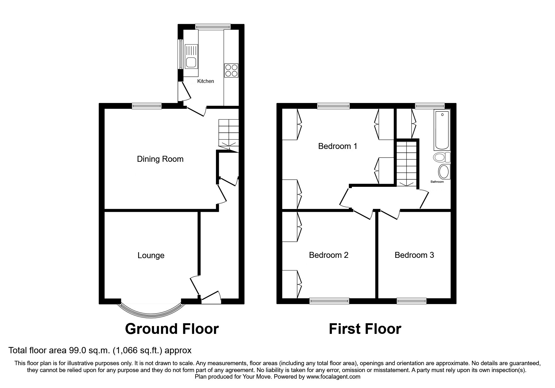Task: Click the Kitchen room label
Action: click(x=205, y=81)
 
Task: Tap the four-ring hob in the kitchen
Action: click(x=231, y=70)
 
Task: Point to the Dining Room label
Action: click(x=160, y=159)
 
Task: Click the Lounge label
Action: click(x=151, y=255)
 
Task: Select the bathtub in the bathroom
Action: click(x=442, y=130)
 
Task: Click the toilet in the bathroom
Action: click(x=441, y=157)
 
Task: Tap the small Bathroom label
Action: click(x=437, y=182)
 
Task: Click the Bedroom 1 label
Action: click(x=338, y=146)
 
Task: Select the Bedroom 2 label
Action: click(x=328, y=255)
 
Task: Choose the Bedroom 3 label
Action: click(x=414, y=255)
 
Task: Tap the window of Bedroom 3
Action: click(x=411, y=301)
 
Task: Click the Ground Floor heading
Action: click(x=172, y=329)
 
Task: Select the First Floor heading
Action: click(x=365, y=329)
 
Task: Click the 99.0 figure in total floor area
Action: click(x=77, y=350)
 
